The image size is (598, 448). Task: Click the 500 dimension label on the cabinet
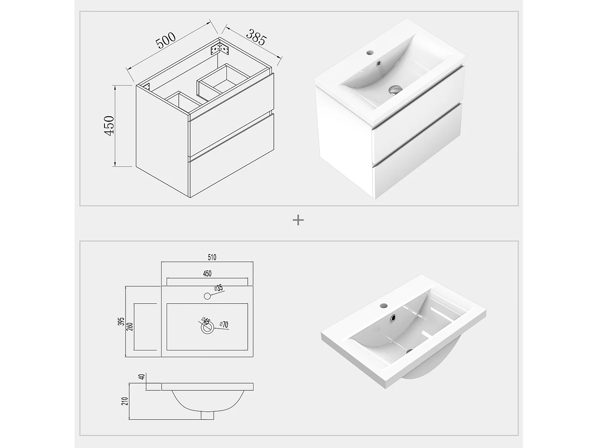165,41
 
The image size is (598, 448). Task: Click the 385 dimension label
256,37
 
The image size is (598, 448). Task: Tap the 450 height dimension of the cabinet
109,125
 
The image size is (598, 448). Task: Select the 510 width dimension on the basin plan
212,257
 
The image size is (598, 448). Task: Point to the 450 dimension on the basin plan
207,274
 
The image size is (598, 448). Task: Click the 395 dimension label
122,321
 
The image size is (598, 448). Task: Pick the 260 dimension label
130,326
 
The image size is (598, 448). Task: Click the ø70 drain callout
224,325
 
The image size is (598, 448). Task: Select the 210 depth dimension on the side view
125,401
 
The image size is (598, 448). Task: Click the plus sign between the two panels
298,220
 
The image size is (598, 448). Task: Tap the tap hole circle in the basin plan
207,296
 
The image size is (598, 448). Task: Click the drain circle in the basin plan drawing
207,327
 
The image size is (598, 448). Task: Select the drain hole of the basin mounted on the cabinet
395,90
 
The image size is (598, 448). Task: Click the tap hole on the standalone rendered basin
384,306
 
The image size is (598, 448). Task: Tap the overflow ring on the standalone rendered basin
394,318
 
